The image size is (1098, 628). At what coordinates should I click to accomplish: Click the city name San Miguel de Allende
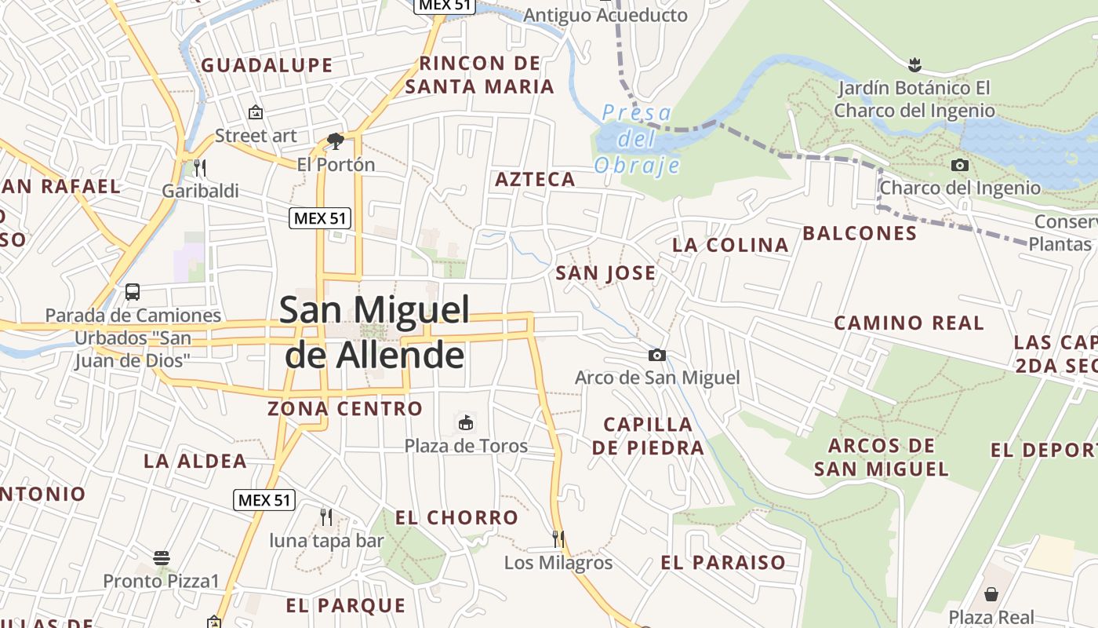coord(375,332)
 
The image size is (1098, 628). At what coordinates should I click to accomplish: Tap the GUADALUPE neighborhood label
coord(267,65)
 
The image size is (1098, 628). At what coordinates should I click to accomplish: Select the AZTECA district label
coord(536,179)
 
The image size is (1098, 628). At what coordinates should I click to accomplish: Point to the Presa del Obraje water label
coord(637,139)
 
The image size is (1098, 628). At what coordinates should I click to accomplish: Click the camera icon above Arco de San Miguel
coord(657,356)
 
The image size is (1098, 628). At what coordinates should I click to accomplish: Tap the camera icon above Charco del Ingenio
coord(959,165)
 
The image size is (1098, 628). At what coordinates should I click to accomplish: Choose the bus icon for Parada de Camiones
coord(133,292)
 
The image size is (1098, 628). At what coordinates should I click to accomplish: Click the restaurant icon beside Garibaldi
coord(200,167)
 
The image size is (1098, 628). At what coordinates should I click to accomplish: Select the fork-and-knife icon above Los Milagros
coord(558,539)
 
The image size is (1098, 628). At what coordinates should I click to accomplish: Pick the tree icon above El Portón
coord(336,141)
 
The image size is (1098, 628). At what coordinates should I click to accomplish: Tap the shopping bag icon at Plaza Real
coord(991,593)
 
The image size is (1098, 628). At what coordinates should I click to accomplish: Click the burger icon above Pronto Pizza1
coord(162,558)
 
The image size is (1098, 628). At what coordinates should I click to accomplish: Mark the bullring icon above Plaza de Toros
coord(466,422)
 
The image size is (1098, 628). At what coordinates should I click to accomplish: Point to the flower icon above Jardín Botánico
coord(914,64)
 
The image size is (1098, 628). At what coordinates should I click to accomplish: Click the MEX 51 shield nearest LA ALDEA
coord(264,499)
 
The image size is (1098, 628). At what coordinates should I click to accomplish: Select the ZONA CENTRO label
coord(345,408)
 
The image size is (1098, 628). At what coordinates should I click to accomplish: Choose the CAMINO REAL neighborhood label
coord(908,323)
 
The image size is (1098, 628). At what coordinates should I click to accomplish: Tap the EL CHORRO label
coord(456,517)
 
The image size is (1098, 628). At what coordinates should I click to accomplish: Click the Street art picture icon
coord(256,113)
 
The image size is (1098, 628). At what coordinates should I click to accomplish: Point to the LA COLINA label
coord(730,245)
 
